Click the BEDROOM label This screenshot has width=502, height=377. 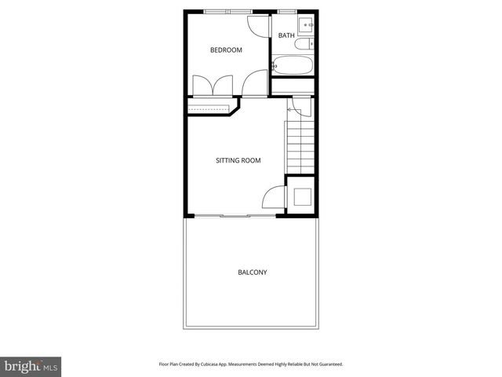click(226, 50)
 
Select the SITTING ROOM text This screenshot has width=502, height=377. click(238, 160)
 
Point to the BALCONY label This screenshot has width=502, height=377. click(252, 273)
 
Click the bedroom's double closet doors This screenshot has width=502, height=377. click(212, 85)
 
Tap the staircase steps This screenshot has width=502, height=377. click(300, 141)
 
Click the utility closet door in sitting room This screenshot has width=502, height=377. click(272, 199)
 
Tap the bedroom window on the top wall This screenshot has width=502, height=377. click(227, 12)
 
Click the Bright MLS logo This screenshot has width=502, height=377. click(30, 366)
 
